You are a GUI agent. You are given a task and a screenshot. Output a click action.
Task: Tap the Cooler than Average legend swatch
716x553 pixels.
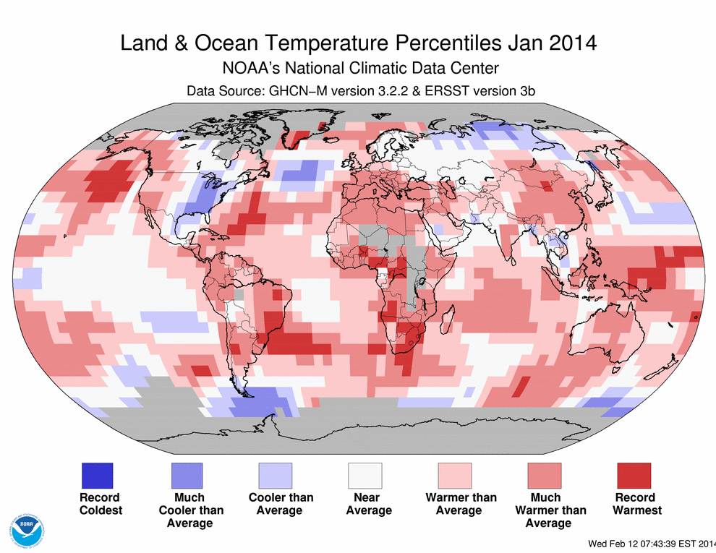tap(276, 476)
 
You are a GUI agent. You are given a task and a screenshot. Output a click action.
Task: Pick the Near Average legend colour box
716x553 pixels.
tap(365, 476)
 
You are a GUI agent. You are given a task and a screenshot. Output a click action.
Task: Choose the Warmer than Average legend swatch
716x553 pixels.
tap(455, 476)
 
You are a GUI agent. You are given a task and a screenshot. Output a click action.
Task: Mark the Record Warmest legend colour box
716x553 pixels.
tap(634, 476)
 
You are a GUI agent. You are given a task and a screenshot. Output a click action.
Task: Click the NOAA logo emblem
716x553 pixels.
tap(25, 530)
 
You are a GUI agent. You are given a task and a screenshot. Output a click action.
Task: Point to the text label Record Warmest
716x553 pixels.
tap(637, 504)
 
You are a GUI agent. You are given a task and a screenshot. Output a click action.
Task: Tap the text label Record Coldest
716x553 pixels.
tap(101, 504)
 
